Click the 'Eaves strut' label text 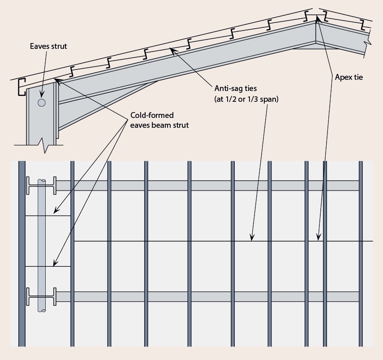click(48, 46)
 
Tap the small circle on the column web click(42, 103)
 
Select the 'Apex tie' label click(349, 77)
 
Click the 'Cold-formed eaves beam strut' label click(159, 120)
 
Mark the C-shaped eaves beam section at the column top click(20, 87)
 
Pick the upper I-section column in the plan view click(41, 186)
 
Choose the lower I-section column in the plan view click(41, 297)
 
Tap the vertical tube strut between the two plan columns click(42, 242)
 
